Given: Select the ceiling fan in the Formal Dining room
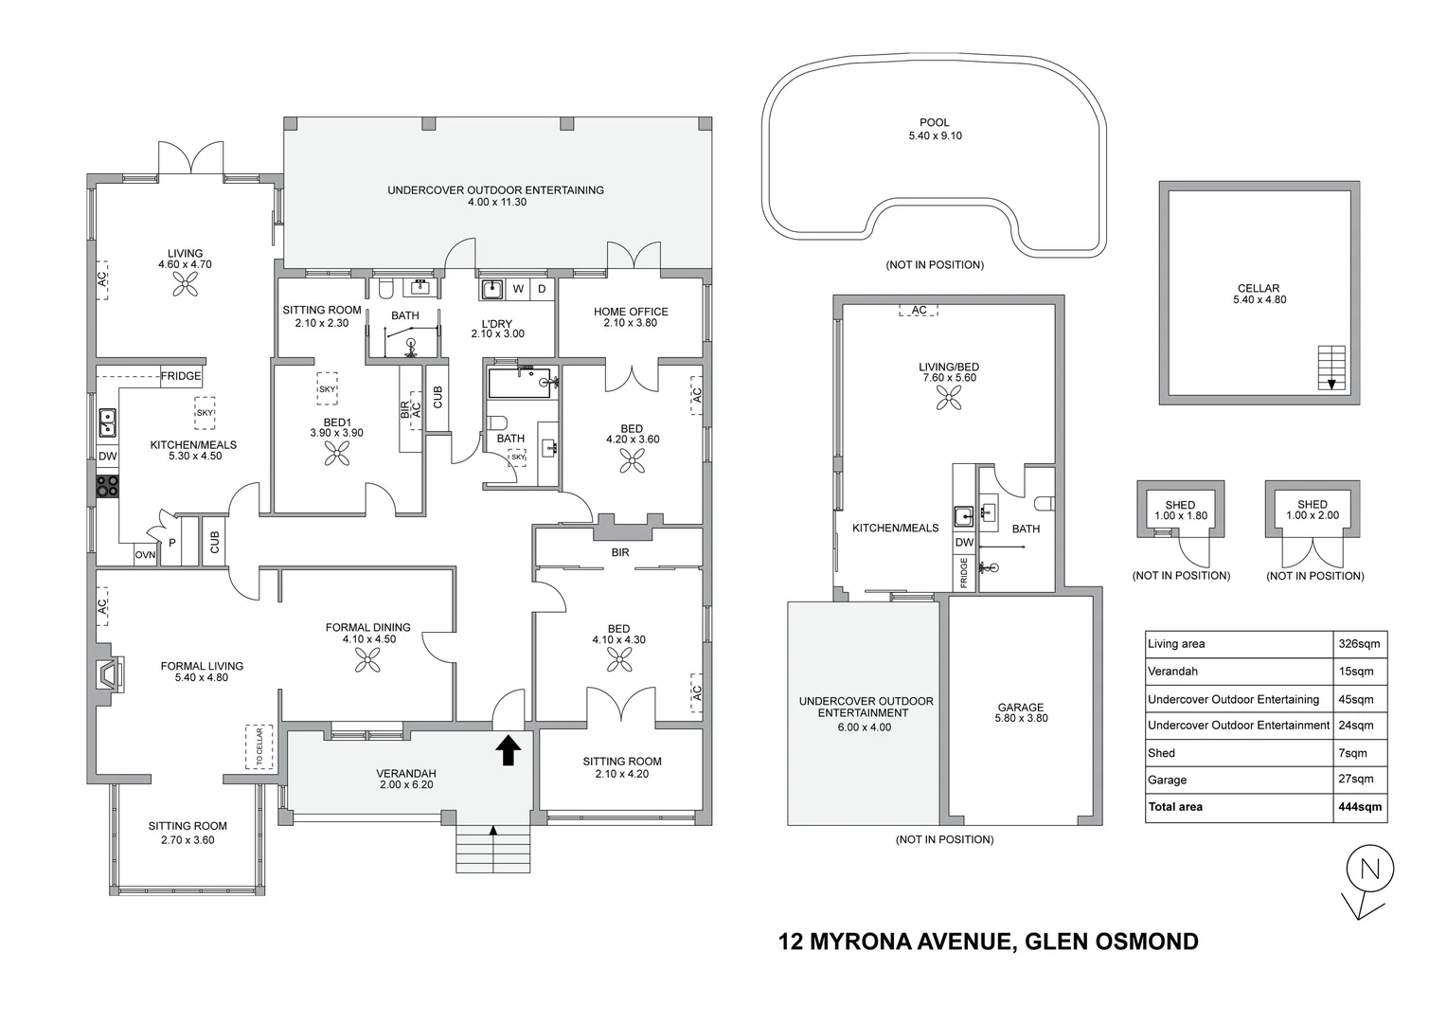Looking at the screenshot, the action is [367, 660].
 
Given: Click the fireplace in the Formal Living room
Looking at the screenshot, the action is [109, 674].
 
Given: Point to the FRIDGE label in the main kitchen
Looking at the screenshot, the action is [181, 376].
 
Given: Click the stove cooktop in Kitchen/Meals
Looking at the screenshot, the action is [107, 486].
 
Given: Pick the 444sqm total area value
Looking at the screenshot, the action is [1360, 806].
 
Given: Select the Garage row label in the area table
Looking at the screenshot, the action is [1167, 780].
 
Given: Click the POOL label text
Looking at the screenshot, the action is [934, 122].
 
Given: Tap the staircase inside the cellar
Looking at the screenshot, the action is [1331, 368].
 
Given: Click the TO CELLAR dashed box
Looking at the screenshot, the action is [259, 747].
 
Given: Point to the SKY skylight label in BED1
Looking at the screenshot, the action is [327, 389].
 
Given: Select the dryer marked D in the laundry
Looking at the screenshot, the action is [542, 289].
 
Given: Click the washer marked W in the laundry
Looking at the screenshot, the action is [518, 289].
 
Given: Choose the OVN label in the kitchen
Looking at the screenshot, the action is [145, 554].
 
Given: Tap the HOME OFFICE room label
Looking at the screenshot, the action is [631, 312].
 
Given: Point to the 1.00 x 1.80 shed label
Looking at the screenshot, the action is [1180, 515].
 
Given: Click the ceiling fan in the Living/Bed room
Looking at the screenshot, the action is [948, 398].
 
